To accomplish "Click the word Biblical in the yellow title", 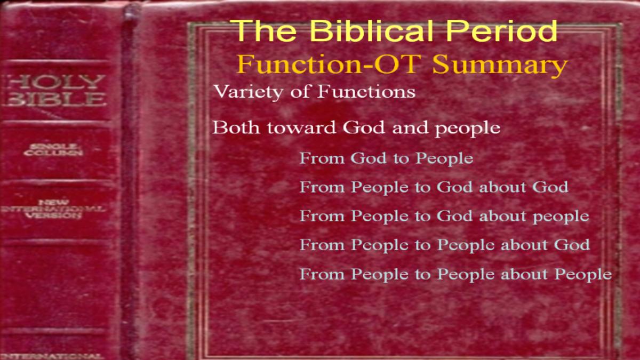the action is [371, 30].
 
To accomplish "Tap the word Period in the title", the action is [502, 30].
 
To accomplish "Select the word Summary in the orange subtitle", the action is [500, 65].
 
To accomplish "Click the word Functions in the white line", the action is [366, 91].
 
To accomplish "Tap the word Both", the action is [236, 127].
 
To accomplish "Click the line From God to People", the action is [386, 158].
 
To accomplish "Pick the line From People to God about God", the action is [434, 187].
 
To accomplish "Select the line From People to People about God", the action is [445, 245].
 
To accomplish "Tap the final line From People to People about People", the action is [455, 274].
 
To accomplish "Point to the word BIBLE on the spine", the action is [55, 99].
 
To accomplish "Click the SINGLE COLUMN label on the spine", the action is [53, 150].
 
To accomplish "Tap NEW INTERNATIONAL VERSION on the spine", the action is [53, 209].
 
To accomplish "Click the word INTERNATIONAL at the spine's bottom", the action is [51, 356].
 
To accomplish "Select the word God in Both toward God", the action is [364, 127].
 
